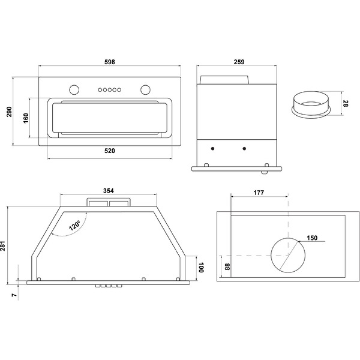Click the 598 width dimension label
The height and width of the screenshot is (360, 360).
110,62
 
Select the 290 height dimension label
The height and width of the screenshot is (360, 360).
9,112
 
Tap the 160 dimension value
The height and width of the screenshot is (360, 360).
26,118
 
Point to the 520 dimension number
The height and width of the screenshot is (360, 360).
110,151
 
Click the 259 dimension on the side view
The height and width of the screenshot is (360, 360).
239,62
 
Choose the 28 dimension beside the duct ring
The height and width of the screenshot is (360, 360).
345,104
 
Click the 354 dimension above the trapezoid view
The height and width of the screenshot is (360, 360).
109,191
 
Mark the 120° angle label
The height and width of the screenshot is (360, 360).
75,225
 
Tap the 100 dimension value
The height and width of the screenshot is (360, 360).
201,268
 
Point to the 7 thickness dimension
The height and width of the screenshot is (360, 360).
14,295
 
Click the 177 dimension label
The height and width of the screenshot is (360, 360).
259,193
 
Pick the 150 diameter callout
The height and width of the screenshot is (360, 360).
312,238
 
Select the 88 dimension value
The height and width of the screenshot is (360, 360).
227,266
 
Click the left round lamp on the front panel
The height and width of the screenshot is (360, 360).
74,89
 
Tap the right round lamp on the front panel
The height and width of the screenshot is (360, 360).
146,89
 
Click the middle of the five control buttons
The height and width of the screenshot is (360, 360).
110,90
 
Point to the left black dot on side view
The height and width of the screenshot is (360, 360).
213,149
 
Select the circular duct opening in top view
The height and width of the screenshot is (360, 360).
288,256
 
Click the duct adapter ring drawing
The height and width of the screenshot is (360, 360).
311,105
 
